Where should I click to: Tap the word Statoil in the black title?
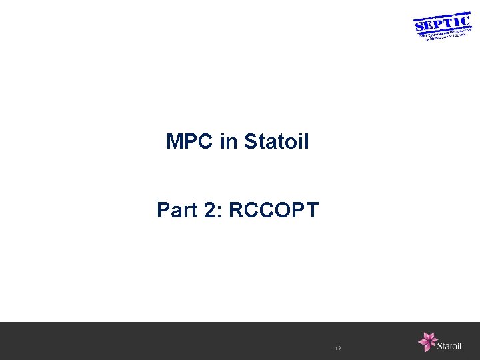point(277,142)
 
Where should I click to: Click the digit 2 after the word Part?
point(209,211)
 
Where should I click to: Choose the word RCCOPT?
point(273,211)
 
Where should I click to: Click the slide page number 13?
point(337,348)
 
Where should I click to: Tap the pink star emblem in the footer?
point(427,341)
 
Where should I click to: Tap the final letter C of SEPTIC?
point(465,20)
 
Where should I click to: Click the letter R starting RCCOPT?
point(235,211)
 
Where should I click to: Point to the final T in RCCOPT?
point(313,211)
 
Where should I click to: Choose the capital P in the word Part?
point(163,211)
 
